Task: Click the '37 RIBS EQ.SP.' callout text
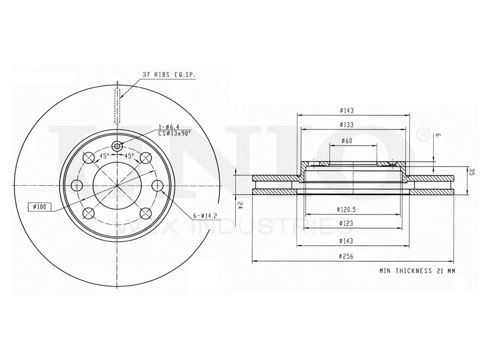(170, 74)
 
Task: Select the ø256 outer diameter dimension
(346, 257)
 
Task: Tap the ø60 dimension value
(346, 141)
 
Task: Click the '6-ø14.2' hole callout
(205, 216)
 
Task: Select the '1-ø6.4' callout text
(169, 127)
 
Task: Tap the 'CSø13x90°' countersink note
(174, 133)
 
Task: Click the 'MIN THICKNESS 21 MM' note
(417, 271)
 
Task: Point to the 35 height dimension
(472, 172)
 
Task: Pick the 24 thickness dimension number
(240, 205)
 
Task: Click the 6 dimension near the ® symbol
(438, 136)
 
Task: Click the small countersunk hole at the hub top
(117, 146)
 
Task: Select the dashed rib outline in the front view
(117, 106)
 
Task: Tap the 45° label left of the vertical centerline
(103, 156)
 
